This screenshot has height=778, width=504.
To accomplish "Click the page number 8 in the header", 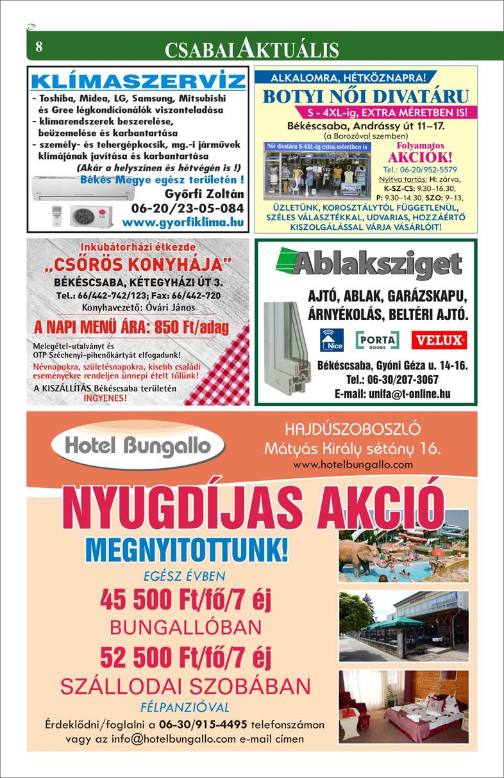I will (39, 47).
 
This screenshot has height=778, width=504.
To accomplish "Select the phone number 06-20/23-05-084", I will (187, 209).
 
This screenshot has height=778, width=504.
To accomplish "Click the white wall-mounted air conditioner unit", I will (89, 189).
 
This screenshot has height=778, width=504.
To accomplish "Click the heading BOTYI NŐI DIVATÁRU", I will (366, 97).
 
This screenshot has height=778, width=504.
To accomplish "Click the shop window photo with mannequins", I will (317, 170).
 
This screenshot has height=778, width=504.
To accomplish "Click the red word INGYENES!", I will (106, 397).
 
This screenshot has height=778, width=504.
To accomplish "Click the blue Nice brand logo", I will (332, 339).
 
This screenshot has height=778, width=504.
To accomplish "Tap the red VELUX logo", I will (439, 340).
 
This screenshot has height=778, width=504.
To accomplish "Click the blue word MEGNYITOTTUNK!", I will (187, 549).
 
